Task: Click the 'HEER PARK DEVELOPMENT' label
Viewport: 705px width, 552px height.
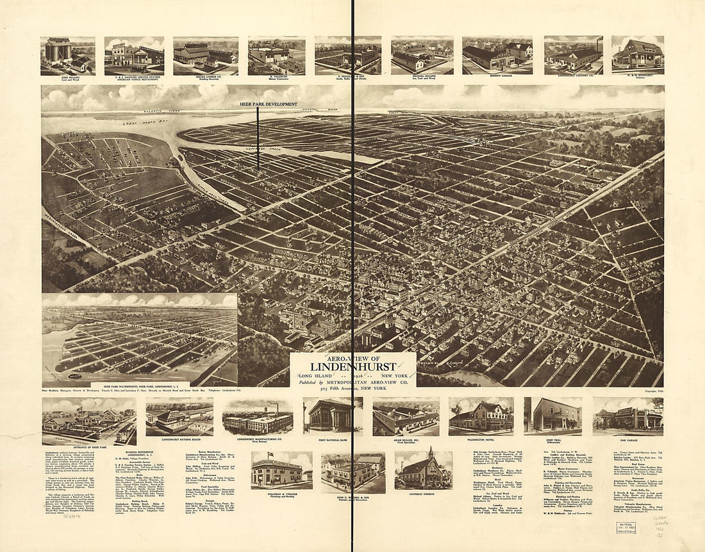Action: tap(258, 104)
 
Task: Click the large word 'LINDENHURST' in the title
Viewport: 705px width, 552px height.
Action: tap(352, 366)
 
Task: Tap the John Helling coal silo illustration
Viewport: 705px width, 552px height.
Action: tap(59, 51)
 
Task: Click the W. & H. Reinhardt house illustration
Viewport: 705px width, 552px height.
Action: tap(638, 54)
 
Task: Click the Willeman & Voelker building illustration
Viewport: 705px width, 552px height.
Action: tap(277, 472)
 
